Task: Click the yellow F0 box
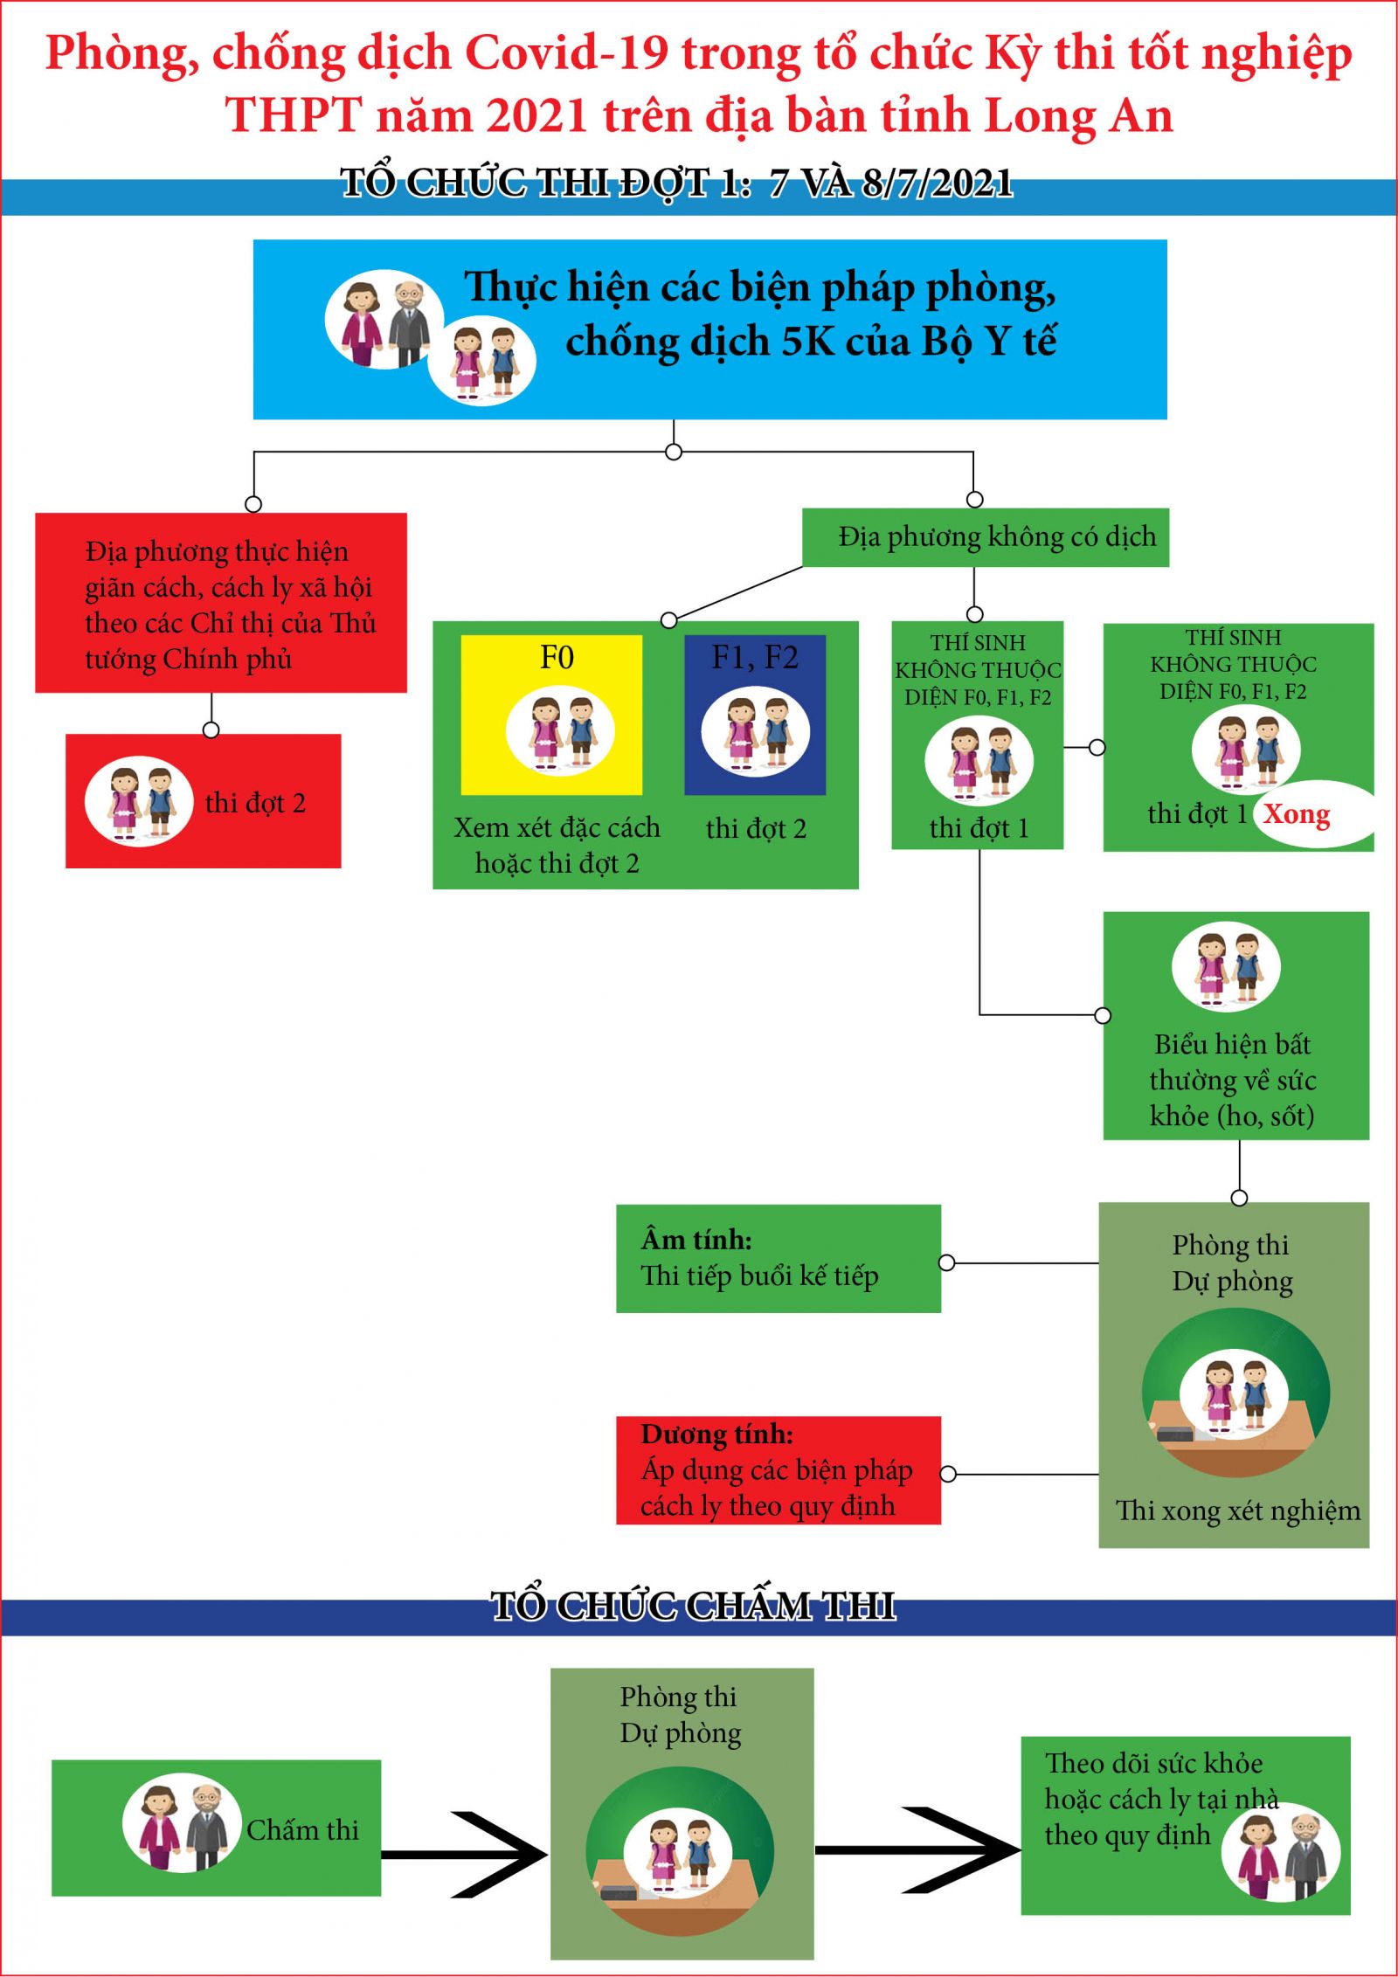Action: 551,715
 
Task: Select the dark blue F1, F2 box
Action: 755,715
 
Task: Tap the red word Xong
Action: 1297,814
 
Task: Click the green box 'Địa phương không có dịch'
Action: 986,537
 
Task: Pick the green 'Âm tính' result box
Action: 779,1258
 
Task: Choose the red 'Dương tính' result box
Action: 779,1470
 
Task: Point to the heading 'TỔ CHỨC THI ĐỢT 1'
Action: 676,183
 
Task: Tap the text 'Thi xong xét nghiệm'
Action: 1238,1510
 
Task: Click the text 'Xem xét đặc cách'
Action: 557,828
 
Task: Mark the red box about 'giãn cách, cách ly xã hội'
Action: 221,603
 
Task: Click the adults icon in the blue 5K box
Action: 385,324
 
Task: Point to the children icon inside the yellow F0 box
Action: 560,732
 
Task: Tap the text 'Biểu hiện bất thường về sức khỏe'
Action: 1233,1080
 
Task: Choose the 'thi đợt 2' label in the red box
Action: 255,803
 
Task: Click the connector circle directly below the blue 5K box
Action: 674,452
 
